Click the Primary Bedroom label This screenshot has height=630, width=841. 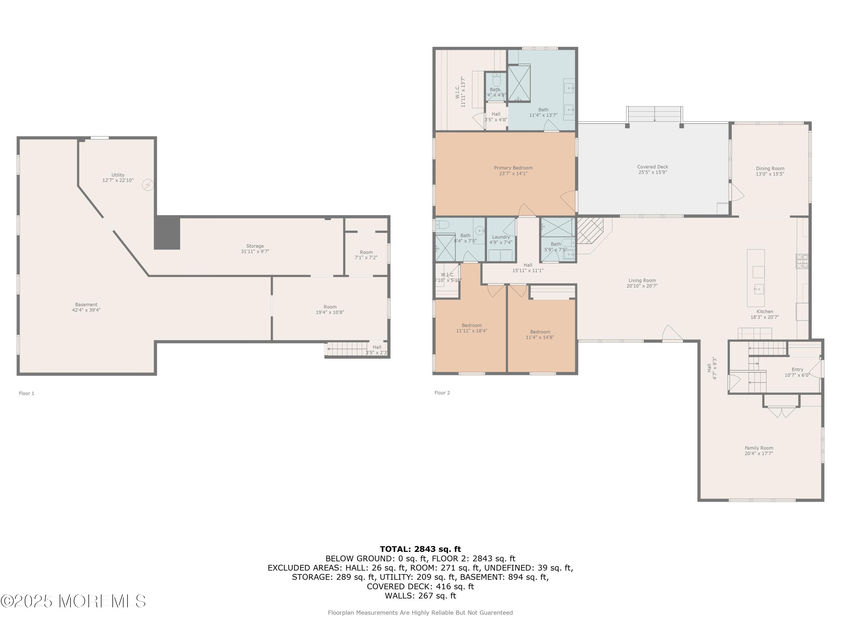pos(513,168)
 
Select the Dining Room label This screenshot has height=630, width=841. pos(770,169)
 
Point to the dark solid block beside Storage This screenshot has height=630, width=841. pos(167,232)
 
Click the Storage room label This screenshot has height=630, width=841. pos(255,246)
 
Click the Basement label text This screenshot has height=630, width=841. pos(86,305)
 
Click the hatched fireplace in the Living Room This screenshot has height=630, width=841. pos(590,230)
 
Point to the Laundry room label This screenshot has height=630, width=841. pos(501,237)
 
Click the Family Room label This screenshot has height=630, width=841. pos(759,448)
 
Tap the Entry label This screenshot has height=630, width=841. pos(797,370)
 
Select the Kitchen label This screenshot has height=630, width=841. pos(764,311)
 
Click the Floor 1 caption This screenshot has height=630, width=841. pos(27,393)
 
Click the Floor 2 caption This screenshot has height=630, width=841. pos(442,393)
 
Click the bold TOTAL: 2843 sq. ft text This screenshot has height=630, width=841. pos(420,549)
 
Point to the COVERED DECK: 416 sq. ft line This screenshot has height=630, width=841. pos(420,586)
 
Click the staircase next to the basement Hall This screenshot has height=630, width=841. pos(347,349)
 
